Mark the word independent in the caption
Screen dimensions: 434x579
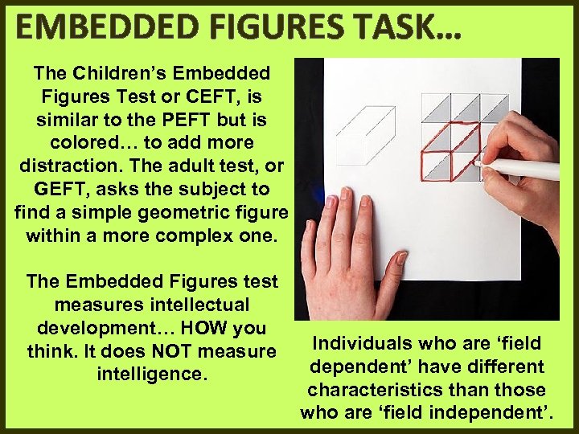pyautogui.click(x=486, y=413)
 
